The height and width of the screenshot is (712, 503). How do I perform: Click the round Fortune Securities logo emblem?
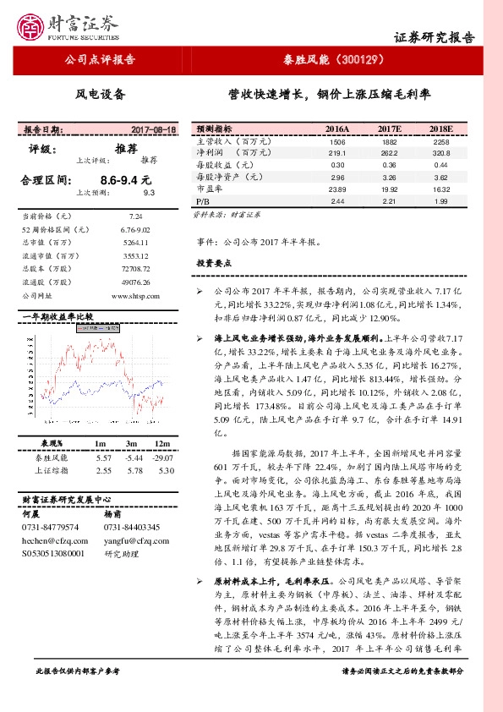[33, 25]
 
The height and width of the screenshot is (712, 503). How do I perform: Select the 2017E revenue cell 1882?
[388, 142]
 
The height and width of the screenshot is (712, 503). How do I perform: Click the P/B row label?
[202, 203]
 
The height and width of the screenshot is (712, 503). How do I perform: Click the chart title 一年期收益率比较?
[56, 317]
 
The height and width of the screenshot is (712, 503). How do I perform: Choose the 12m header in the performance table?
[165, 444]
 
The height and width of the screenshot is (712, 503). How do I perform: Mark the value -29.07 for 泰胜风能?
[164, 457]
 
